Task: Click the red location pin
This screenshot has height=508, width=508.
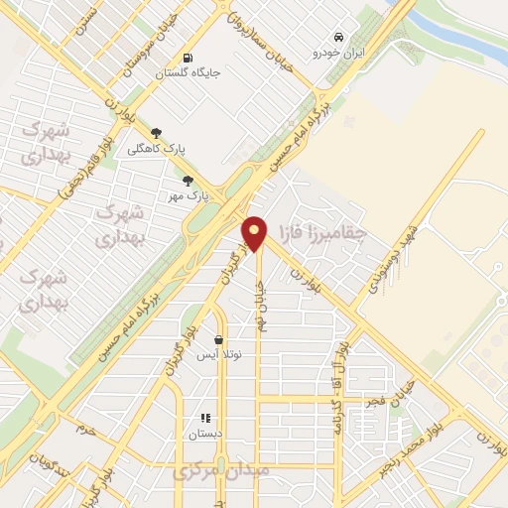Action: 255,233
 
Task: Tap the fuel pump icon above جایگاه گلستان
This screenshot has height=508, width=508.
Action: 190,57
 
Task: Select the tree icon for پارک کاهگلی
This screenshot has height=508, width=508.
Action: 157,132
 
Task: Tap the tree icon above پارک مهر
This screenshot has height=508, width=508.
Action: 188,181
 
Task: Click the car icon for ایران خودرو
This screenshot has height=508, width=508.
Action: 338,34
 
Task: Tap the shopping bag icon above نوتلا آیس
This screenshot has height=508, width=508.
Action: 218,339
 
